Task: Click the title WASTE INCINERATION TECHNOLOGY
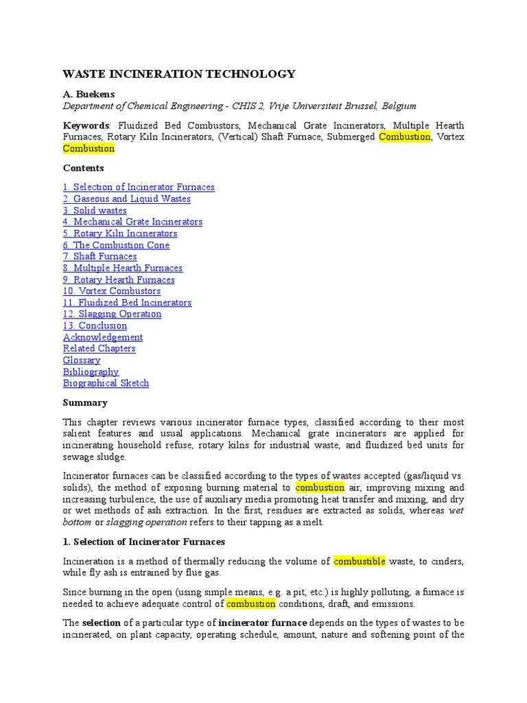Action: pos(179,74)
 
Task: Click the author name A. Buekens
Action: pos(90,95)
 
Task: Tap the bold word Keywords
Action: pos(86,126)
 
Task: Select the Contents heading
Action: pos(84,168)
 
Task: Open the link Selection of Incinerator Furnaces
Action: pos(139,187)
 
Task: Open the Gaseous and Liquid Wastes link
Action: pos(127,198)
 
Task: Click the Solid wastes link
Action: pos(95,210)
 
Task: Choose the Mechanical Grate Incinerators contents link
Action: pos(132,222)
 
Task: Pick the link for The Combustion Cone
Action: pos(116,245)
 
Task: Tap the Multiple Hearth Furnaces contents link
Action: pos(123,268)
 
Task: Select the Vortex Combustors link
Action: pos(112,291)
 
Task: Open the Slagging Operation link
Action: pos(113,314)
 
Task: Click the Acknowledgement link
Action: pos(103,337)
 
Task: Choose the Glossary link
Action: pos(82,360)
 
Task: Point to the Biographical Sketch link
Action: pos(106,383)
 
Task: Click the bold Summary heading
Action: pos(85,402)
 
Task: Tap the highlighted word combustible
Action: pos(360,562)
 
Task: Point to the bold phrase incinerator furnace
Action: pos(263,623)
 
